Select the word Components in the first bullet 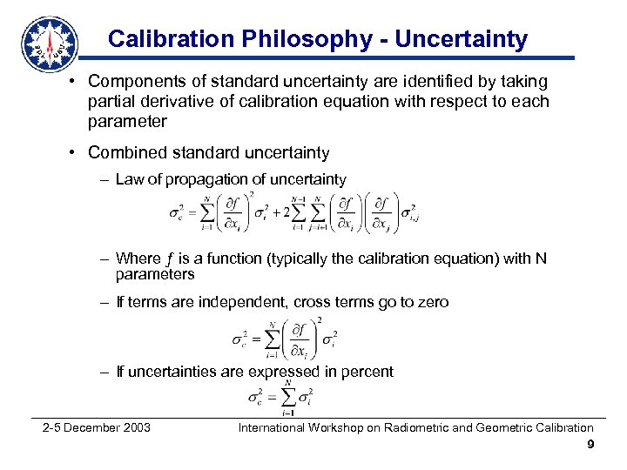pos(137,82)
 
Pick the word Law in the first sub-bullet pos(129,180)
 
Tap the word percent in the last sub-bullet pos(368,372)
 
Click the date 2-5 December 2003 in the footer pos(97,427)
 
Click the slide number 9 pos(590,446)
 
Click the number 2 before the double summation pos(277,212)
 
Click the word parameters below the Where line pos(155,274)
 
